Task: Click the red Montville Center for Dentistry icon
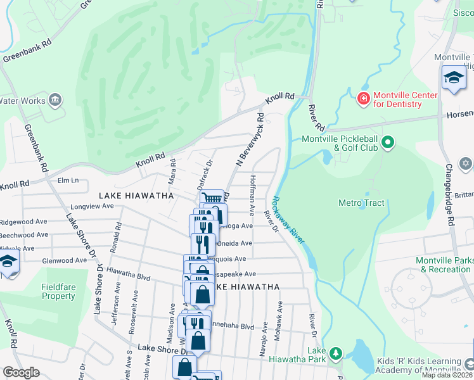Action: (363, 99)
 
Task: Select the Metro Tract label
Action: (361, 203)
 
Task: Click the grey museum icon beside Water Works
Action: (55, 100)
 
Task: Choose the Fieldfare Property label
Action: (58, 291)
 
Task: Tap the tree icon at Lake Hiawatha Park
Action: (335, 353)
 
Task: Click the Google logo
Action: (21, 372)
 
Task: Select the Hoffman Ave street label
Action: (252, 193)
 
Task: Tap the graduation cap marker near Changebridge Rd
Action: (454, 78)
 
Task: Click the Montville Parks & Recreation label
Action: (444, 265)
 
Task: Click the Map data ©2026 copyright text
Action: (447, 375)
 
